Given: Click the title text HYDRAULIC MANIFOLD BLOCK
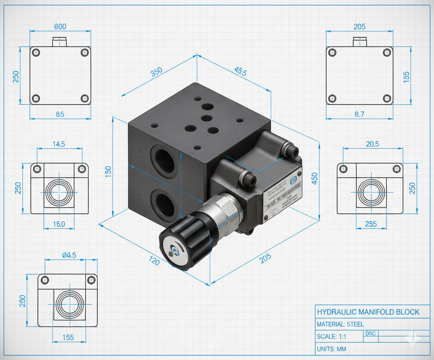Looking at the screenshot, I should tap(368, 312).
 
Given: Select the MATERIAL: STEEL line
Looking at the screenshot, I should tap(340, 324).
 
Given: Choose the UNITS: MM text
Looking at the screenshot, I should tap(331, 349).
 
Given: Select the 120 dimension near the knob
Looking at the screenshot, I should tap(154, 261).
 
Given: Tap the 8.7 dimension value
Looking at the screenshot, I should tap(360, 114).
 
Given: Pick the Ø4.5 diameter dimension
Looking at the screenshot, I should tap(69, 255).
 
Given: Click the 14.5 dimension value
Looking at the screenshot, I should tap(59, 144).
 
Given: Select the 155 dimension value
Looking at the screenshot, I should tap(68, 337).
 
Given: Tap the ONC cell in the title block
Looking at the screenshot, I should tap(370, 334).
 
